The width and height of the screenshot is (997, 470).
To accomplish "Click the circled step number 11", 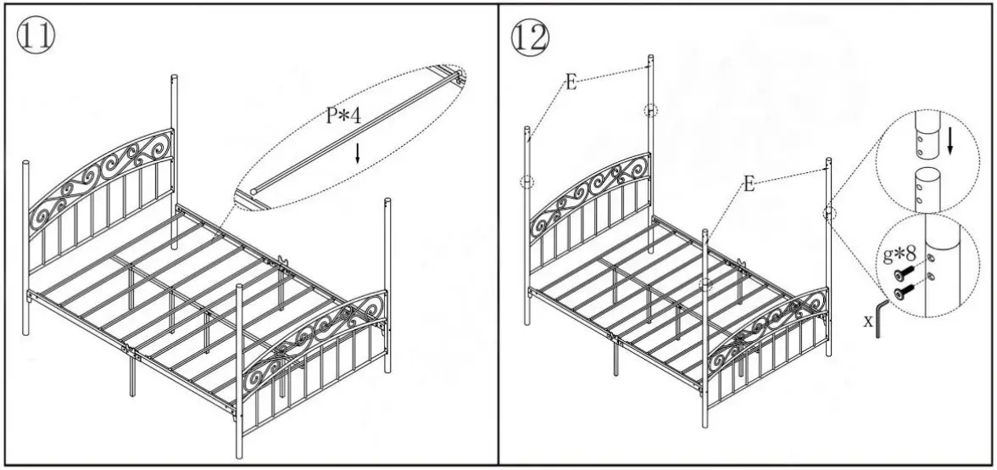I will [33, 36].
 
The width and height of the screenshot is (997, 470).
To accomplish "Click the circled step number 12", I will [531, 36].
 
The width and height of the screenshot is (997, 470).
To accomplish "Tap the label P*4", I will [343, 116].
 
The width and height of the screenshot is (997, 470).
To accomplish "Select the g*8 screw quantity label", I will [900, 253].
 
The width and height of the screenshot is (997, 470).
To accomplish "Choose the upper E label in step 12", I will [571, 81].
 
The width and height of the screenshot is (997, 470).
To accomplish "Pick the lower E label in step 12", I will [749, 183].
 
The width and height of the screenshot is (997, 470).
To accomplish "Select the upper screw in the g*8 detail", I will [904, 273].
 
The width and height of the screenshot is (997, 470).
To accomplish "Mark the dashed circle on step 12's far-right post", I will [828, 214].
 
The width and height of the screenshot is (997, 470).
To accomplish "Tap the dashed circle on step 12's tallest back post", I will [649, 109].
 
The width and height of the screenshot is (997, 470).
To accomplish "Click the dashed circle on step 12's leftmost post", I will [526, 182].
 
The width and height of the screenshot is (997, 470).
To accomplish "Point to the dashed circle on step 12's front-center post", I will [704, 285].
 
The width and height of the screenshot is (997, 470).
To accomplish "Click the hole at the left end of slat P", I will [253, 192].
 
